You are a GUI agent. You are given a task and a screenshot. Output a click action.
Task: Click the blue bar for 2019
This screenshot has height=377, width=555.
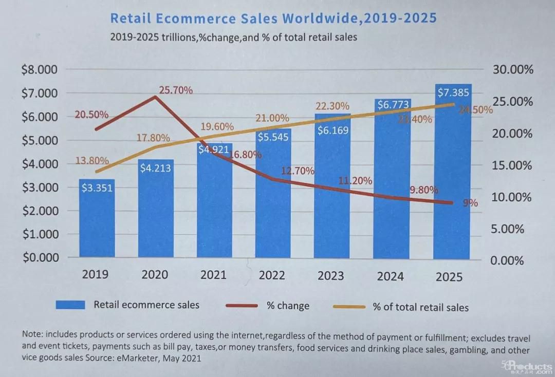click(97, 218)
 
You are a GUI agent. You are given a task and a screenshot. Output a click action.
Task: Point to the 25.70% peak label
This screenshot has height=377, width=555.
click(176, 91)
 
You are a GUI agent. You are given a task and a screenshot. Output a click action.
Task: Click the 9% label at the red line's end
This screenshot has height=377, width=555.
click(470, 203)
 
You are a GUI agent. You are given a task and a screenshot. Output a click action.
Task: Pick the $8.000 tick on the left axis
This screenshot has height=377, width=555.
click(39, 70)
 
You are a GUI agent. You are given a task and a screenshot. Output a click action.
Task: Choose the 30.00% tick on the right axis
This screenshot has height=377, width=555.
click(512, 70)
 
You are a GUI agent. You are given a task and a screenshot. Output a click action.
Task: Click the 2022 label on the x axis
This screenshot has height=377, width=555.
click(272, 275)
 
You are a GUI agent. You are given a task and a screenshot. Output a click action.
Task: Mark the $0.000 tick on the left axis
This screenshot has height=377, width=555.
click(39, 257)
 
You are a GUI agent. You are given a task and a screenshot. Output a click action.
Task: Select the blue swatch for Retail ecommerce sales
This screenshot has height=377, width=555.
click(70, 305)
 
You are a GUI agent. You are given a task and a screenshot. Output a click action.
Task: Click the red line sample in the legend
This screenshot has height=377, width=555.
click(241, 306)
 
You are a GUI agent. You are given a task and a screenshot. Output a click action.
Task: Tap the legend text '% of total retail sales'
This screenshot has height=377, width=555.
click(420, 307)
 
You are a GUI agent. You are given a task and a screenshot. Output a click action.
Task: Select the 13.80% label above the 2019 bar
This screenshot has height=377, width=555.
click(92, 161)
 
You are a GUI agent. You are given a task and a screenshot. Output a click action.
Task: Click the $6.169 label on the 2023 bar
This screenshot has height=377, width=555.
click(332, 130)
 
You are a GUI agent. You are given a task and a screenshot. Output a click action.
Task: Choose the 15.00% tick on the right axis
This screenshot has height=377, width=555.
click(512, 165)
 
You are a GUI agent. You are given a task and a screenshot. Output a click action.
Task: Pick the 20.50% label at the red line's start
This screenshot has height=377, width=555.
click(91, 115)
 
